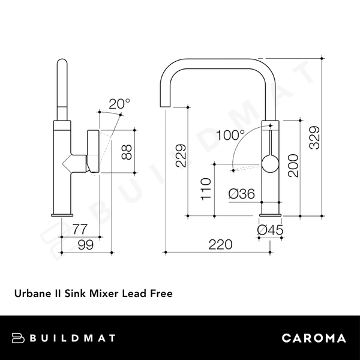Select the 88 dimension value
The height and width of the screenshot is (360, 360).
pyautogui.click(x=127, y=152)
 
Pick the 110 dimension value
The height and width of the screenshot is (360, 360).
pyautogui.click(x=206, y=190)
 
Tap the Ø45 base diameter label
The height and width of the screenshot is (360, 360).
pyautogui.click(x=269, y=229)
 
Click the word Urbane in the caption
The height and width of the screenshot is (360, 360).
pyautogui.click(x=32, y=294)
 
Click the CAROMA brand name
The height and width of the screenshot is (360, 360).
pyautogui.click(x=314, y=338)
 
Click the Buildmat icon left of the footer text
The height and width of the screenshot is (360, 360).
pyautogui.click(x=19, y=338)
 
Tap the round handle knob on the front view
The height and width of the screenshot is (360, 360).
pyautogui.click(x=270, y=163)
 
